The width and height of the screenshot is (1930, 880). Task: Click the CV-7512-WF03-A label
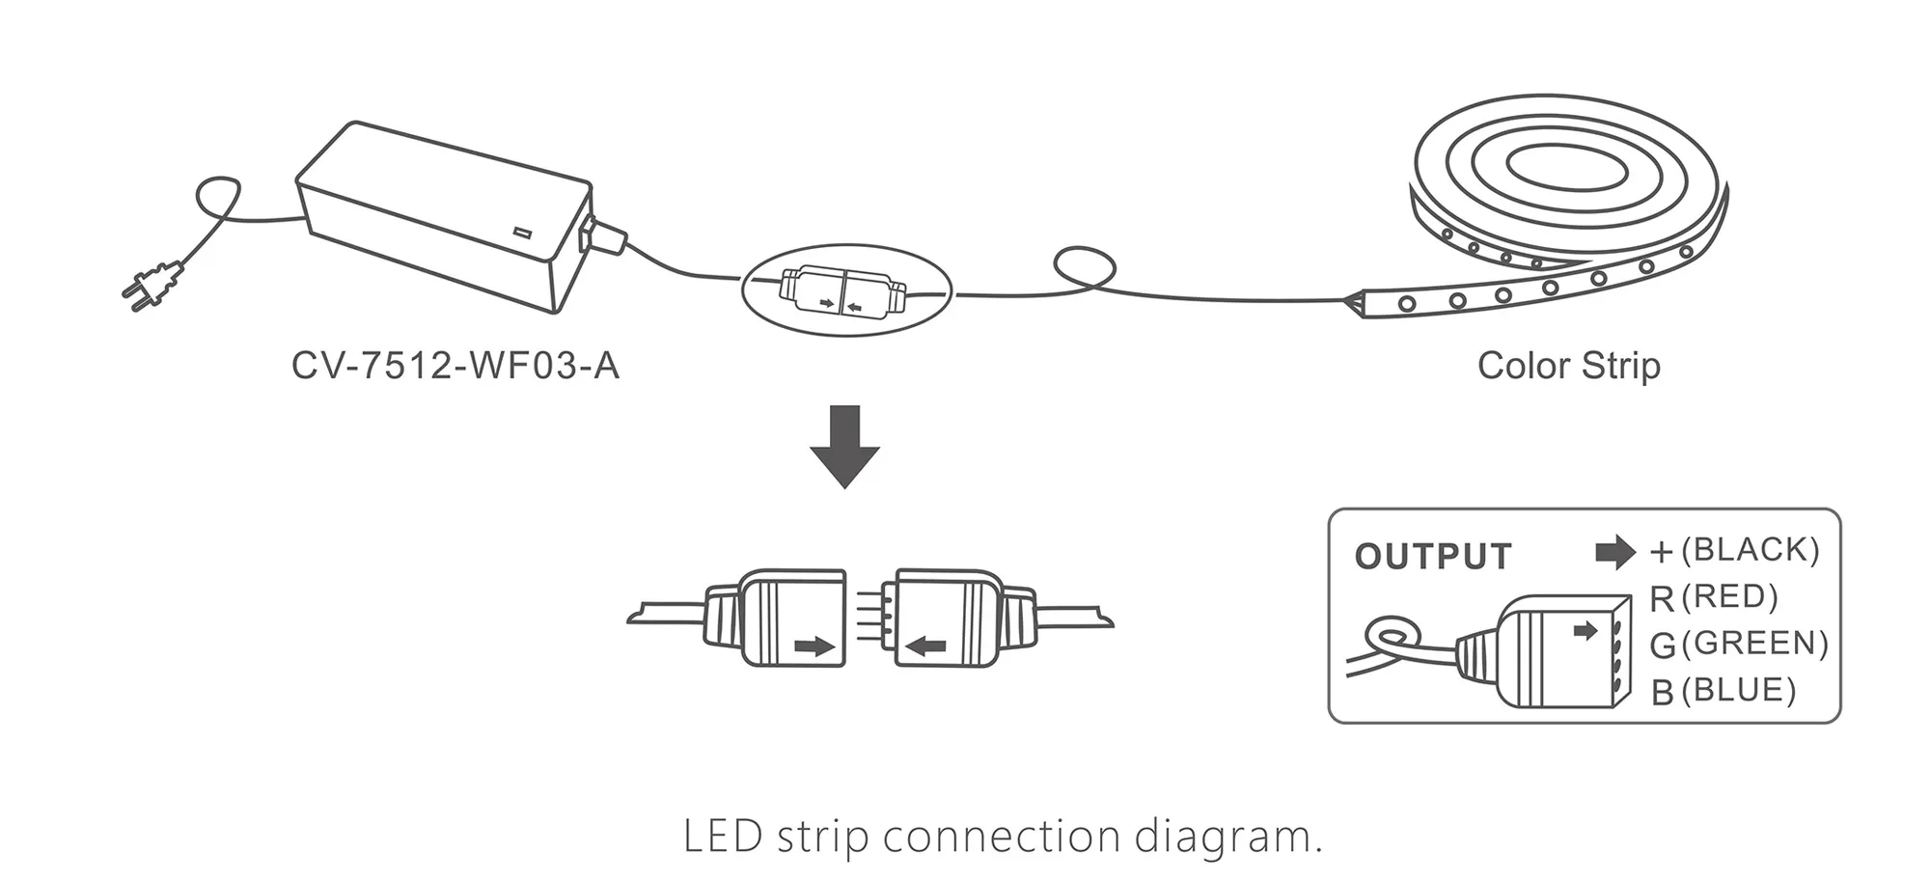point(455,367)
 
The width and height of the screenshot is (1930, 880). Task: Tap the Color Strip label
point(1568,367)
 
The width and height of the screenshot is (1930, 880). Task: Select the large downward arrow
point(844,447)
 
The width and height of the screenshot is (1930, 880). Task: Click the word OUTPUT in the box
point(1432,557)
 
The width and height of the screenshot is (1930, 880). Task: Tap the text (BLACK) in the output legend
point(1750,550)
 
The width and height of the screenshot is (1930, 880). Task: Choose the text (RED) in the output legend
point(1729,597)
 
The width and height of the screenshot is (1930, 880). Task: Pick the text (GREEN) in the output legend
point(1754,644)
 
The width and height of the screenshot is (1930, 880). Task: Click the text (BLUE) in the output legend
point(1738,691)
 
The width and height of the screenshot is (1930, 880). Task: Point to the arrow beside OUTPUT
point(1614,552)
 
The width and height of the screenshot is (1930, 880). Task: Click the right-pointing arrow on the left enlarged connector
point(814,646)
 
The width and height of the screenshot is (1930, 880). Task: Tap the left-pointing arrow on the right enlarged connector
point(926,646)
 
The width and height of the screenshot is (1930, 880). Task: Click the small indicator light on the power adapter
point(523,234)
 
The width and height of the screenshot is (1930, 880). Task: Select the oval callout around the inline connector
point(846,289)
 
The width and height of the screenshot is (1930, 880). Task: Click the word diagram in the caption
point(1227,836)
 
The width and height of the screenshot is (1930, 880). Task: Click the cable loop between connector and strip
point(1085,267)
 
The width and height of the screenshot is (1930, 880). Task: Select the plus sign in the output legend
point(1661,552)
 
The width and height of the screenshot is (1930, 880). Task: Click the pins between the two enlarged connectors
point(870,618)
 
